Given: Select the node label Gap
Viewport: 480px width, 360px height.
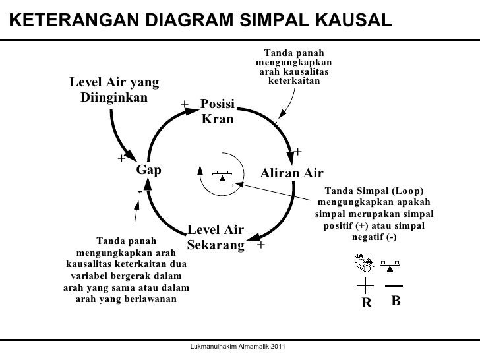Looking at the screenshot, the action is point(148,170).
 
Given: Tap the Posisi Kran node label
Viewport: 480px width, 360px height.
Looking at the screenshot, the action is point(217,113).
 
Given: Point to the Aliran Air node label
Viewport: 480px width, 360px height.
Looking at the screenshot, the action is point(292,173).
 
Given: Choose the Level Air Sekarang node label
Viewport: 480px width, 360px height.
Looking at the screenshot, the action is point(216,238).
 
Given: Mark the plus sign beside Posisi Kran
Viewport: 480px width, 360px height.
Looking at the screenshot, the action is point(185,104).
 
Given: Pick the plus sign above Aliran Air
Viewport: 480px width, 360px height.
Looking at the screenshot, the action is point(298,152).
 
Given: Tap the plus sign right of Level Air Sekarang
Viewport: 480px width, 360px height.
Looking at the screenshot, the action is point(261,245).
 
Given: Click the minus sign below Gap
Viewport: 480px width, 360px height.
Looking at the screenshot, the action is point(139,192).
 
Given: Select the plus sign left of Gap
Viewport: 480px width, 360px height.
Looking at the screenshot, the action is point(121,158).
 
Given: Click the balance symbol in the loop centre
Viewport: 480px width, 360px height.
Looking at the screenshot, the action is point(222,175).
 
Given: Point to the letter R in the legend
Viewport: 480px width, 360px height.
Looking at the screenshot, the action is point(366,303).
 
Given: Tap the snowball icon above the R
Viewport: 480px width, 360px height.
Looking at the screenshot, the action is point(363,265).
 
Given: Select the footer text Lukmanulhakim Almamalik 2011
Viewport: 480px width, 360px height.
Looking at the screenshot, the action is point(237,347).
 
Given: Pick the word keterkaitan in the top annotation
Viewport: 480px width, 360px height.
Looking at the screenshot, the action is point(293,81).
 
